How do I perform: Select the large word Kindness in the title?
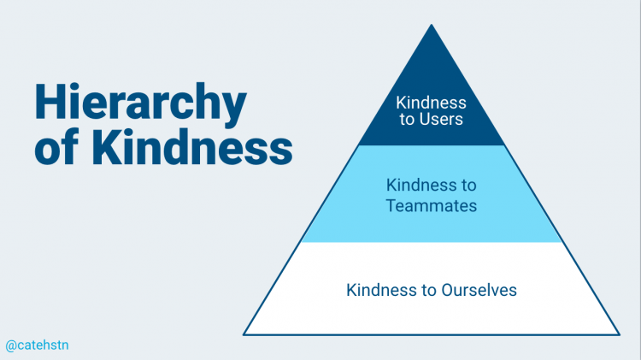pos(192,146)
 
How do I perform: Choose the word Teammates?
pos(432,205)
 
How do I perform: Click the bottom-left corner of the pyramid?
pos(244,334)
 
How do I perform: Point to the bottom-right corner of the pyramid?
pos(620,334)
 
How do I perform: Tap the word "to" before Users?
pos(407,119)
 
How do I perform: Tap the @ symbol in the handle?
pos(10,345)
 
